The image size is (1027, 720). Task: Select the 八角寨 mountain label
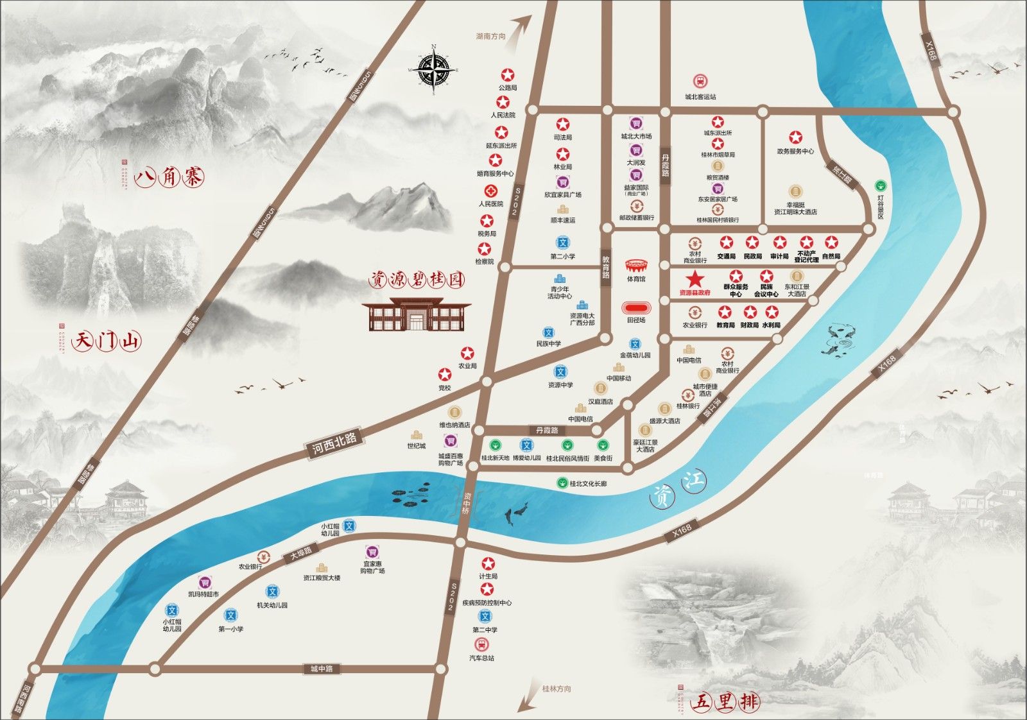pos(169,176)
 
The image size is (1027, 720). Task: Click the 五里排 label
pos(725,702)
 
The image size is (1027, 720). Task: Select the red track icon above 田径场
pos(636,308)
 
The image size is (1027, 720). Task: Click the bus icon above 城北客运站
pos(700,81)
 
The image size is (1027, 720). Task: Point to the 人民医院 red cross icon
pos(491,191)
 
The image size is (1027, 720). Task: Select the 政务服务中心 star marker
pos(796,137)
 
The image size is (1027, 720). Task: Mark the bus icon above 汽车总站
pos(481,644)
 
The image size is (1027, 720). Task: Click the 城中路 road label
pos(321,669)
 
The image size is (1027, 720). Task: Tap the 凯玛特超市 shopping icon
pos(204,582)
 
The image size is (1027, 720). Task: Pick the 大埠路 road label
pos(300,553)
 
